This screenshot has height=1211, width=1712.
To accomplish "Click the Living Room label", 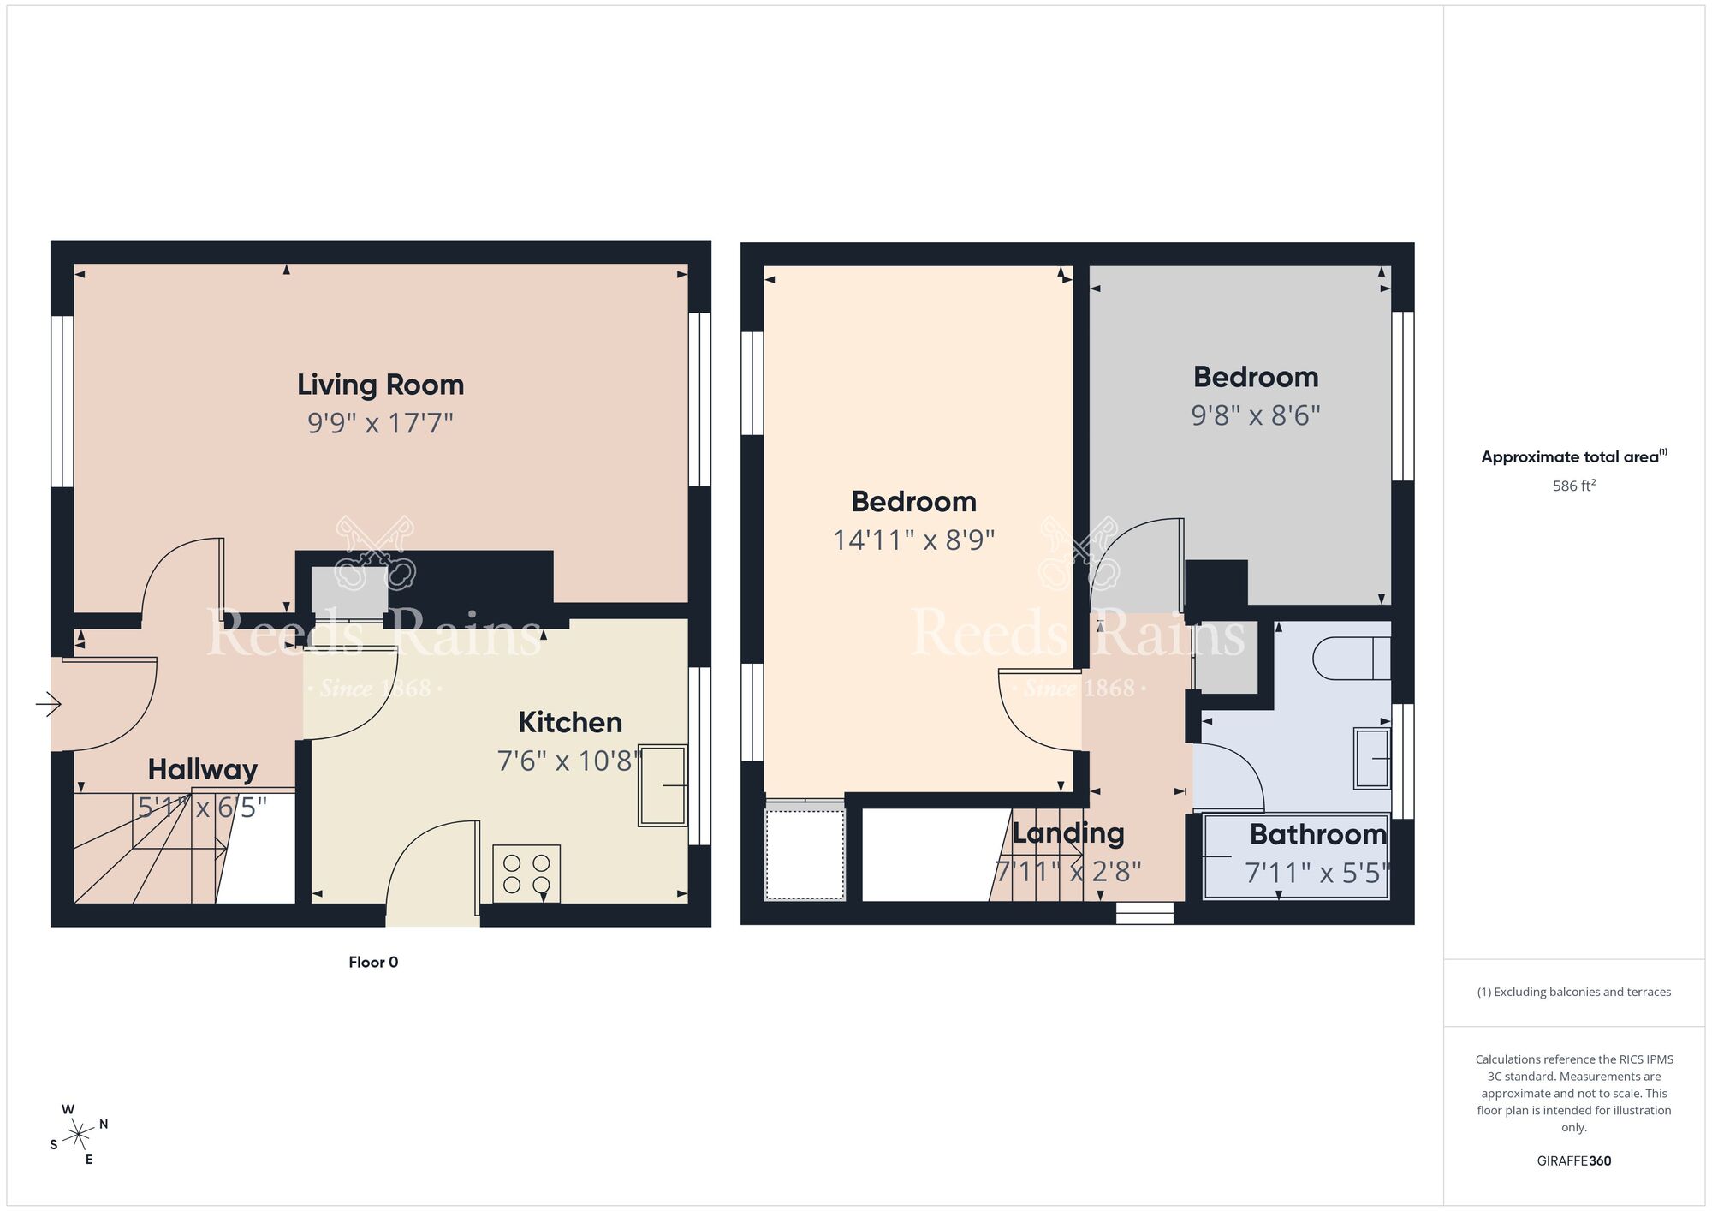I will tap(380, 385).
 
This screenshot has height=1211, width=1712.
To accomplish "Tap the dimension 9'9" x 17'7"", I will tap(380, 423).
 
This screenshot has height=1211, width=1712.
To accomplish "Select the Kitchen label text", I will tap(570, 723).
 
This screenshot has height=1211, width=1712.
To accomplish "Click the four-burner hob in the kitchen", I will tap(526, 874).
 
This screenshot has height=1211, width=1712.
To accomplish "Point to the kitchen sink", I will tap(663, 785).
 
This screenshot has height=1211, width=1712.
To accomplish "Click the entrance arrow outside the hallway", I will tap(48, 705).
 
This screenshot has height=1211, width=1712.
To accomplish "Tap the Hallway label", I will tap(202, 770).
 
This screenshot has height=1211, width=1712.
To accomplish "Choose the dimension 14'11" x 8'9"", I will tap(913, 540).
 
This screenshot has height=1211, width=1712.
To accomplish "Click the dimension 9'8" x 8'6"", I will tap(1255, 415).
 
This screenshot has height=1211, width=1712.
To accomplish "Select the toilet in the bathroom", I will tap(1350, 658).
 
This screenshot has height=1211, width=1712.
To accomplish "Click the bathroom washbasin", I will tap(1371, 758).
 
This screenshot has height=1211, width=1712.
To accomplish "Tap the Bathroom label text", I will tap(1317, 834).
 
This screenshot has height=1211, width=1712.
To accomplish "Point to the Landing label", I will tap(1067, 833).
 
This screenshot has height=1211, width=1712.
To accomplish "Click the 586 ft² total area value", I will tap(1573, 486).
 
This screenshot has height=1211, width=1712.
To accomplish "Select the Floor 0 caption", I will tap(373, 963).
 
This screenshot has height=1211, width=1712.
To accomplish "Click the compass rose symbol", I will tap(79, 1136).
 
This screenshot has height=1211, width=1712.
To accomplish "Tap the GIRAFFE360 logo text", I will tap(1573, 1161).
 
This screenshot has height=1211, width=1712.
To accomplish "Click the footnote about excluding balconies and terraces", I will tap(1573, 993).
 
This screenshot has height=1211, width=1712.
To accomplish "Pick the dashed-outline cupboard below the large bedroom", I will tap(804, 854).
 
